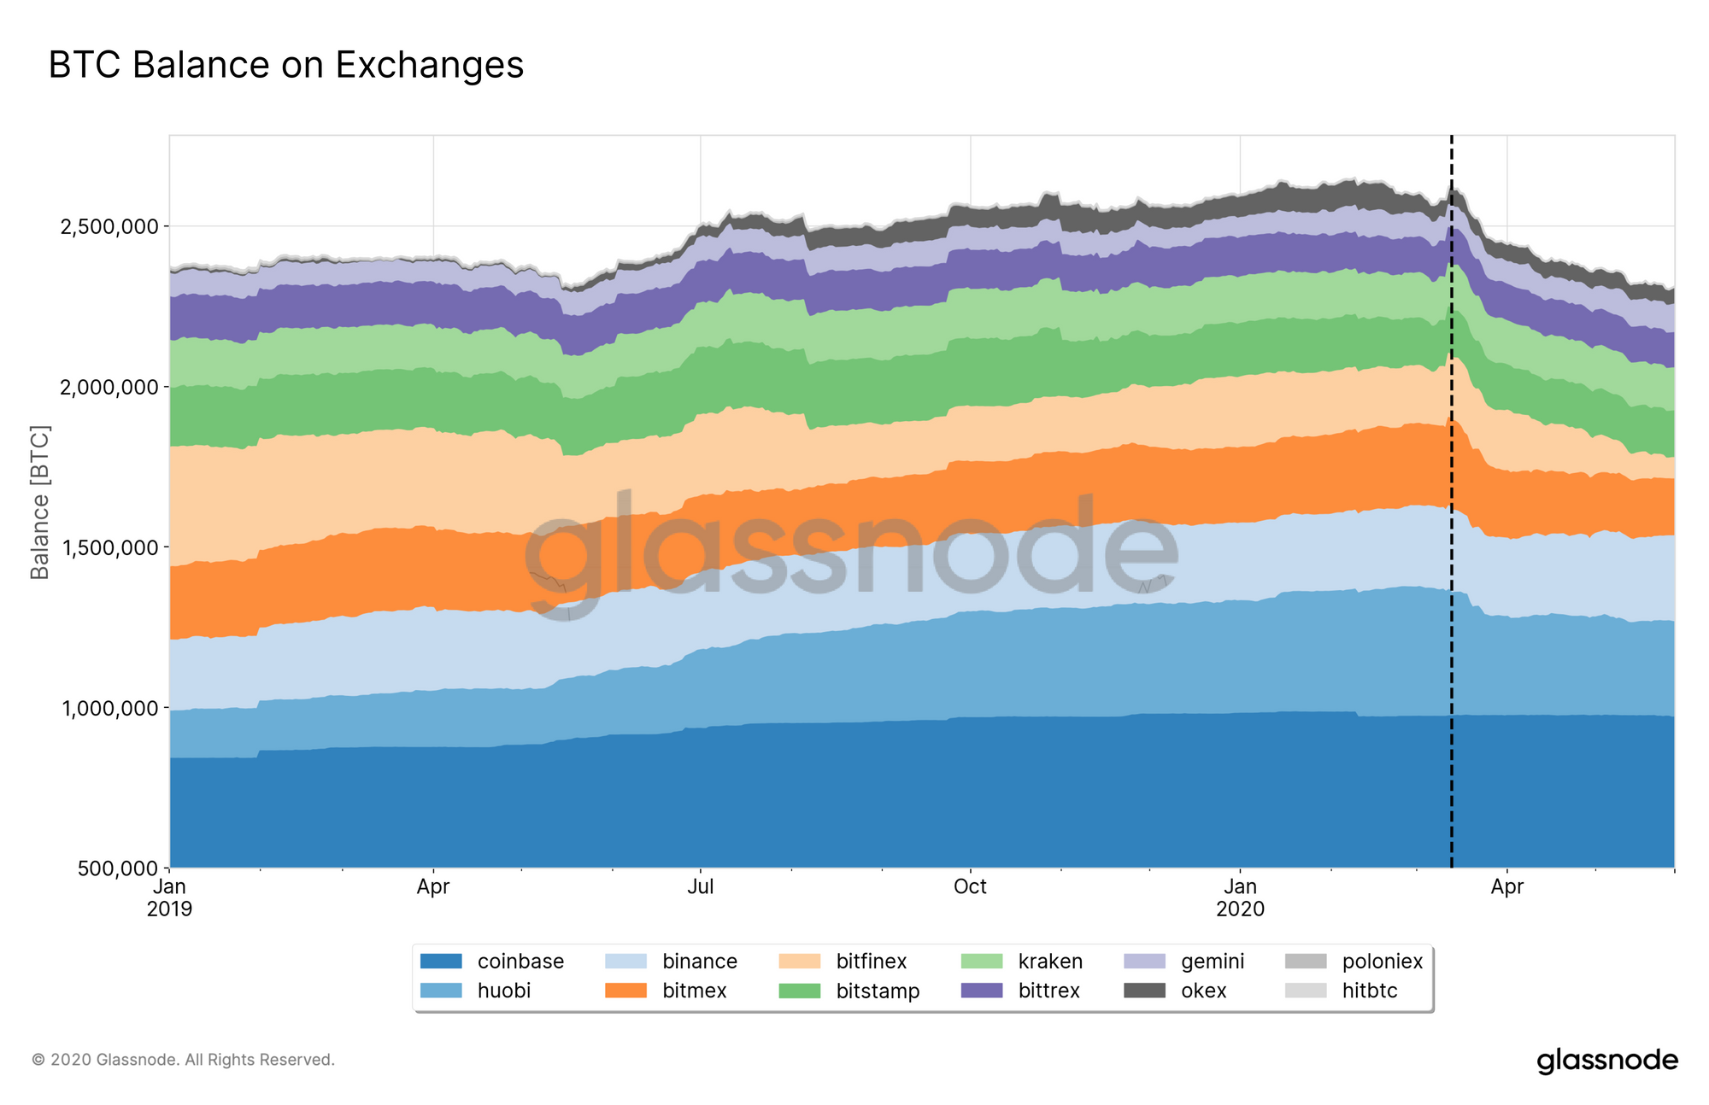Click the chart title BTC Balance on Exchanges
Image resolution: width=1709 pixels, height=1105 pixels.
[x=285, y=65]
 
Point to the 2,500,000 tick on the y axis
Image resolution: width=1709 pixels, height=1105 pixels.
[x=109, y=227]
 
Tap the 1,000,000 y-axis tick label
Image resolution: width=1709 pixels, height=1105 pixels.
[x=109, y=709]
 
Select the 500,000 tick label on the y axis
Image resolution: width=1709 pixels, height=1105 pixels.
[x=117, y=869]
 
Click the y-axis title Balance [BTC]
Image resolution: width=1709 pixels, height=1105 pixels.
[x=40, y=502]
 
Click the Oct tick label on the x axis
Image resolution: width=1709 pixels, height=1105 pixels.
[x=969, y=887]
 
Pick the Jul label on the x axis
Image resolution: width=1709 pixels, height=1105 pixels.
[x=700, y=887]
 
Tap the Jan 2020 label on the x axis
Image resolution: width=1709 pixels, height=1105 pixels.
[x=1239, y=897]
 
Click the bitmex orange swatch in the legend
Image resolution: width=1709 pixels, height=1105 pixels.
[x=625, y=991]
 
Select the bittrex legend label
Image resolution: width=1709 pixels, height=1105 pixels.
[x=1048, y=991]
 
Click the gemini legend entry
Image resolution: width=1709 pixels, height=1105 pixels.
[x=1212, y=962]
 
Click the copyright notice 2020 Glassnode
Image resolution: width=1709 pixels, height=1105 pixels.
[x=183, y=1060]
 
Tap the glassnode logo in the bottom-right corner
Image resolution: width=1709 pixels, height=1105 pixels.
[x=1606, y=1061]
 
